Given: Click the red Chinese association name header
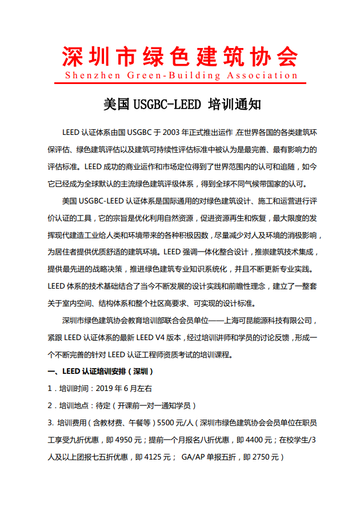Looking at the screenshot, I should (179, 55).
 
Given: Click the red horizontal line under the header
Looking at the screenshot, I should (179, 83).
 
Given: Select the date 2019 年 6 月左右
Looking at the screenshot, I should (125, 389).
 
